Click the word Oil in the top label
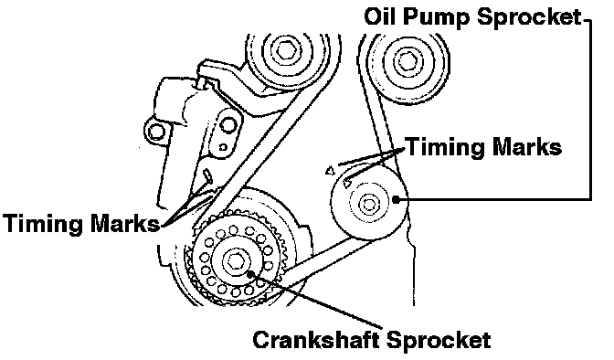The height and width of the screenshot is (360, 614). pyautogui.click(x=378, y=16)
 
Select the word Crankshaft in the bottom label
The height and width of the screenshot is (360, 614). pyautogui.click(x=318, y=339)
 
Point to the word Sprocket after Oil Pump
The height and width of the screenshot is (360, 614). pyautogui.click(x=529, y=18)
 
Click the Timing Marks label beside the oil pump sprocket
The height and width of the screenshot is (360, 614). pyautogui.click(x=484, y=148)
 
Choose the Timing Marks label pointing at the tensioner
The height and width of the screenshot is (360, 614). pyautogui.click(x=81, y=224)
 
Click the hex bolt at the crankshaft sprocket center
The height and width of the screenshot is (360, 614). pyautogui.click(x=235, y=260)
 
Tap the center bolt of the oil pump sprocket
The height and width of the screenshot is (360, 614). pyautogui.click(x=367, y=204)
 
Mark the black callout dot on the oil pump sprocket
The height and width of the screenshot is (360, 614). pyautogui.click(x=396, y=199)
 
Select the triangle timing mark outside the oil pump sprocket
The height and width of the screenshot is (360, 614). pyautogui.click(x=331, y=170)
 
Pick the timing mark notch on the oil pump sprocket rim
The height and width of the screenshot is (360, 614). pyautogui.click(x=347, y=183)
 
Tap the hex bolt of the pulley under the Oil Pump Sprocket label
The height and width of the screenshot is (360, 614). pyautogui.click(x=408, y=61)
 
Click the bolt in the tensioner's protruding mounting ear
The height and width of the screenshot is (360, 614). pyautogui.click(x=155, y=132)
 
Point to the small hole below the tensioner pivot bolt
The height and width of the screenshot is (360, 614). pyautogui.click(x=223, y=148)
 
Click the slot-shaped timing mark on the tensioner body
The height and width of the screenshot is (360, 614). pyautogui.click(x=207, y=175)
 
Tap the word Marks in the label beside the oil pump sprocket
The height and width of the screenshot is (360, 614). pyautogui.click(x=526, y=148)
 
